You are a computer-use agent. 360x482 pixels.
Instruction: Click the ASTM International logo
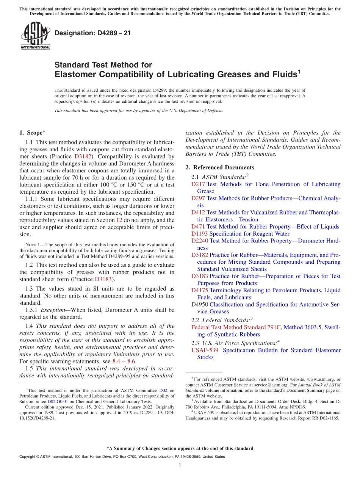click(35, 36)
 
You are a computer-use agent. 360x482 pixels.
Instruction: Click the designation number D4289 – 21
click(93, 33)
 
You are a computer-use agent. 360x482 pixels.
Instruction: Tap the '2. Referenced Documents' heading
click(220, 167)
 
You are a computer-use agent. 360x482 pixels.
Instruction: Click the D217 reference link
click(198, 184)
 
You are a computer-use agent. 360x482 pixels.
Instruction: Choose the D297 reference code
click(198, 198)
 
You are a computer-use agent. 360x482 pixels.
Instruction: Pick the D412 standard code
click(198, 213)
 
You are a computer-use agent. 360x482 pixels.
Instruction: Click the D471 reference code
click(198, 227)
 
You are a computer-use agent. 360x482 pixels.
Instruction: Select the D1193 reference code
click(200, 234)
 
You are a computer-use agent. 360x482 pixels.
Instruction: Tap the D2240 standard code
click(200, 241)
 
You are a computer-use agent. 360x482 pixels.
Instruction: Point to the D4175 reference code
click(200, 290)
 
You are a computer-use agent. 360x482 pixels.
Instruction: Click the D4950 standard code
click(200, 305)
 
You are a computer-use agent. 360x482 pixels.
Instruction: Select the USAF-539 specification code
click(205, 350)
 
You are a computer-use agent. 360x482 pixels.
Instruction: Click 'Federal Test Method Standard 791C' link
click(236, 327)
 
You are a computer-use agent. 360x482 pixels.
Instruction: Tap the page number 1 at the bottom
click(180, 466)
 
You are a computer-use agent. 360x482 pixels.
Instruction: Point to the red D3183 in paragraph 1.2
click(104, 279)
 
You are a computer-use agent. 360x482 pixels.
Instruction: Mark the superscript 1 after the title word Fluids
click(299, 71)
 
